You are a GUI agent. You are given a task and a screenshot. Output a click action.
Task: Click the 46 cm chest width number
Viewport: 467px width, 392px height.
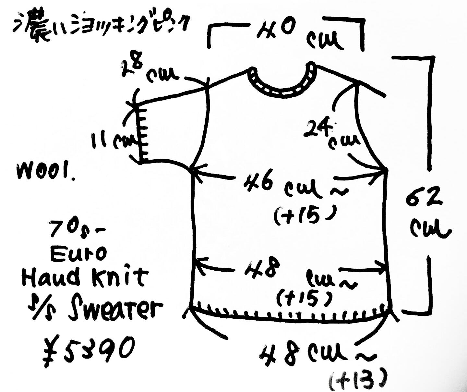pos(259,183)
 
